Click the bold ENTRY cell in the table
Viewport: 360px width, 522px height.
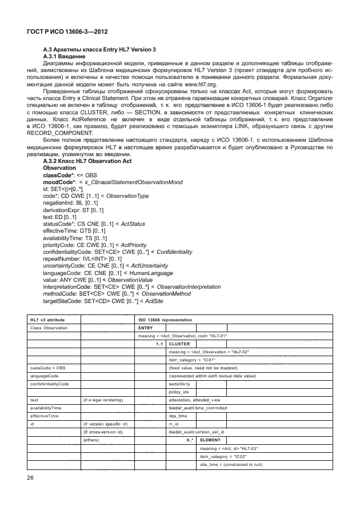coord(146,328)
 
